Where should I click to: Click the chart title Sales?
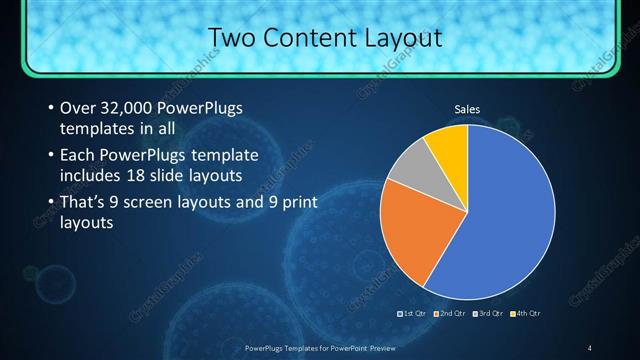467,108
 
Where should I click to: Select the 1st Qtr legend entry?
413,314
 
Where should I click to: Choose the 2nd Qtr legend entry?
450,314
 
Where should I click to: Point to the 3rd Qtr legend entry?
488,314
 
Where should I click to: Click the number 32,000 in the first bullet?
123,107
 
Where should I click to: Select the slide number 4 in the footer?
590,347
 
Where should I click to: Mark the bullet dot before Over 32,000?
50,107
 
